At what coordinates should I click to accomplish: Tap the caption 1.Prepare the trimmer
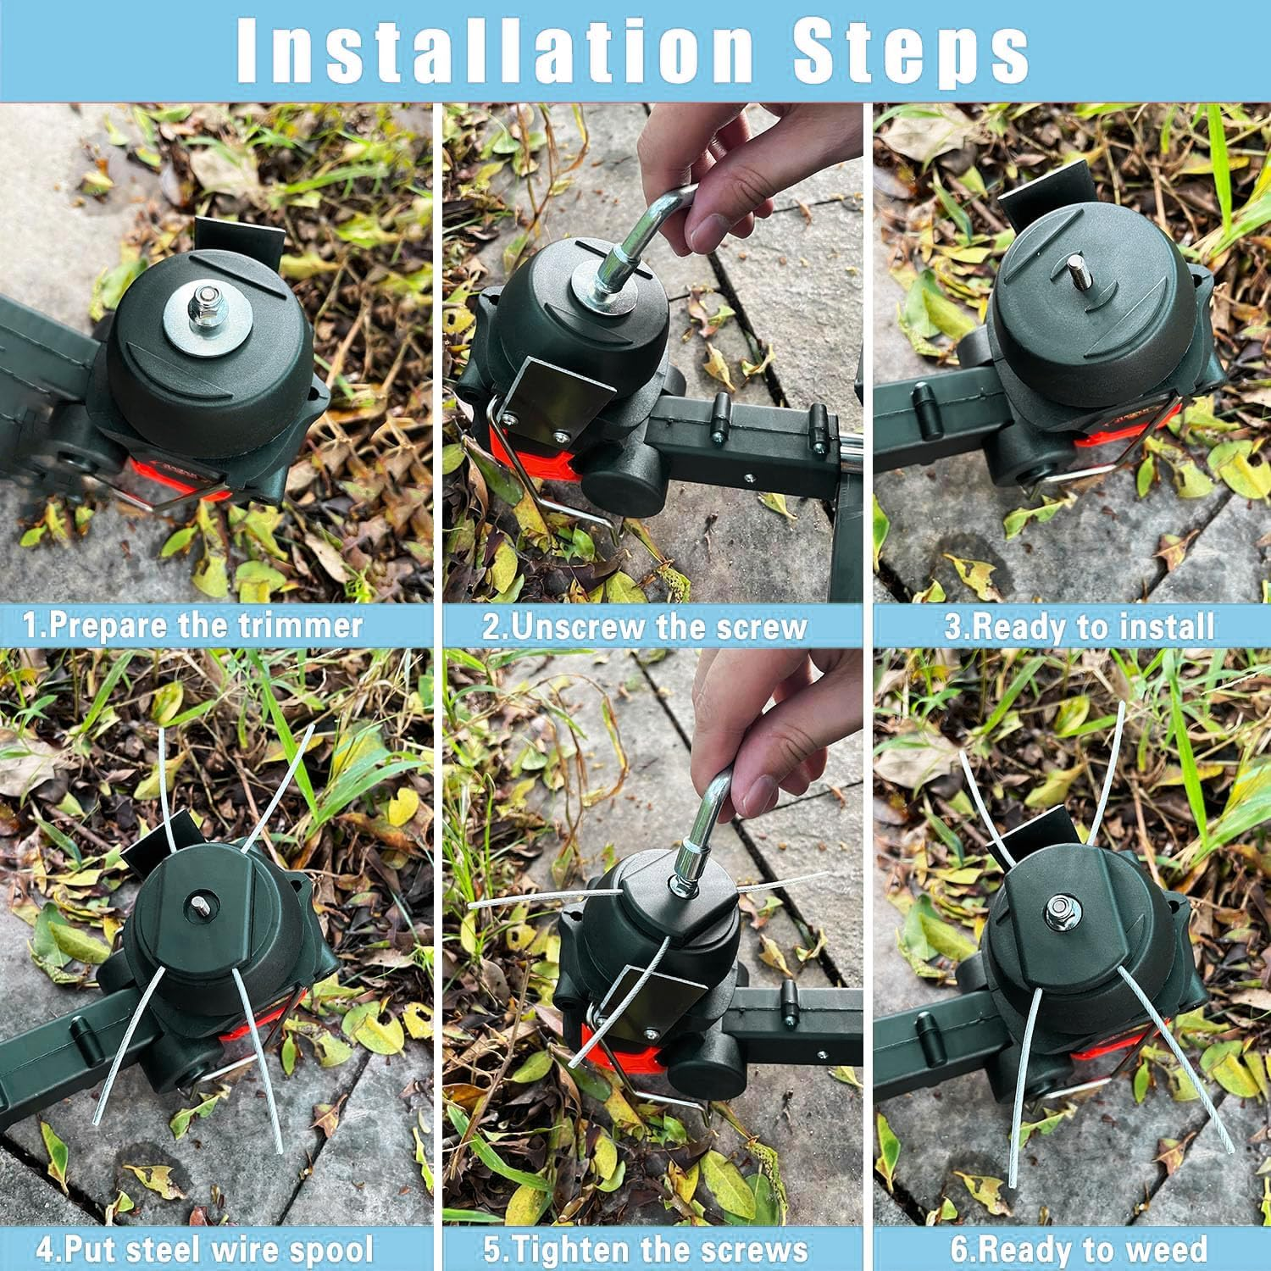coord(193,625)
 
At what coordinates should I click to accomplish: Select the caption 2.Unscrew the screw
coord(645,626)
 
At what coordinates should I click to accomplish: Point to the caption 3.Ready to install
coord(1080,627)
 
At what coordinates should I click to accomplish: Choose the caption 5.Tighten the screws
coord(645,1249)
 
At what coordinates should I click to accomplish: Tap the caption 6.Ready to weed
coord(1079,1249)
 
